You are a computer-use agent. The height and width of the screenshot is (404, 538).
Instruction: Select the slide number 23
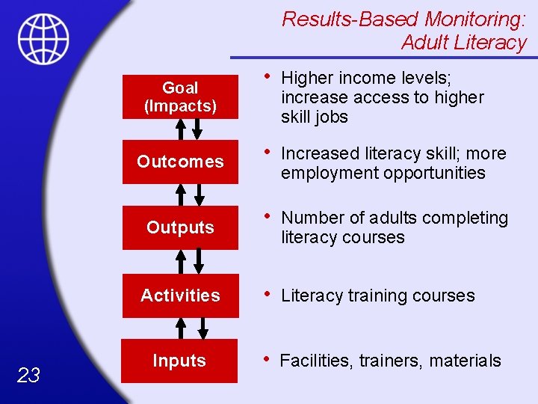[x=28, y=376]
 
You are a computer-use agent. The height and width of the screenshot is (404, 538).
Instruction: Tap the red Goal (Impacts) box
[x=180, y=97]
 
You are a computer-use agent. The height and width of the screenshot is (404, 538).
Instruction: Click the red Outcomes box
[x=180, y=162]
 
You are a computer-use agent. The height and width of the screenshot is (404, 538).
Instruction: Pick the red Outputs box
[x=180, y=227]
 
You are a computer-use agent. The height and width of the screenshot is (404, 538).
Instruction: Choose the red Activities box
[x=180, y=296]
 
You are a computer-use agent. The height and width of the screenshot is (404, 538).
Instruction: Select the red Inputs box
[x=180, y=361]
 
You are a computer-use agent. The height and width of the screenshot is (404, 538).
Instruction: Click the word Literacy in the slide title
[x=495, y=43]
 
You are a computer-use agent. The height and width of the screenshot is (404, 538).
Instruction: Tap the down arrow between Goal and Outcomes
[x=197, y=129]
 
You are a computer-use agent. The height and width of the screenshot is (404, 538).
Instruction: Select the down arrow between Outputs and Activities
[x=198, y=261]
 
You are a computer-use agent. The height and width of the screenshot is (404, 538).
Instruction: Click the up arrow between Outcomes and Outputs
[x=180, y=195]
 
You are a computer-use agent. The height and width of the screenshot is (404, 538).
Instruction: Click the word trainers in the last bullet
[x=391, y=361]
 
